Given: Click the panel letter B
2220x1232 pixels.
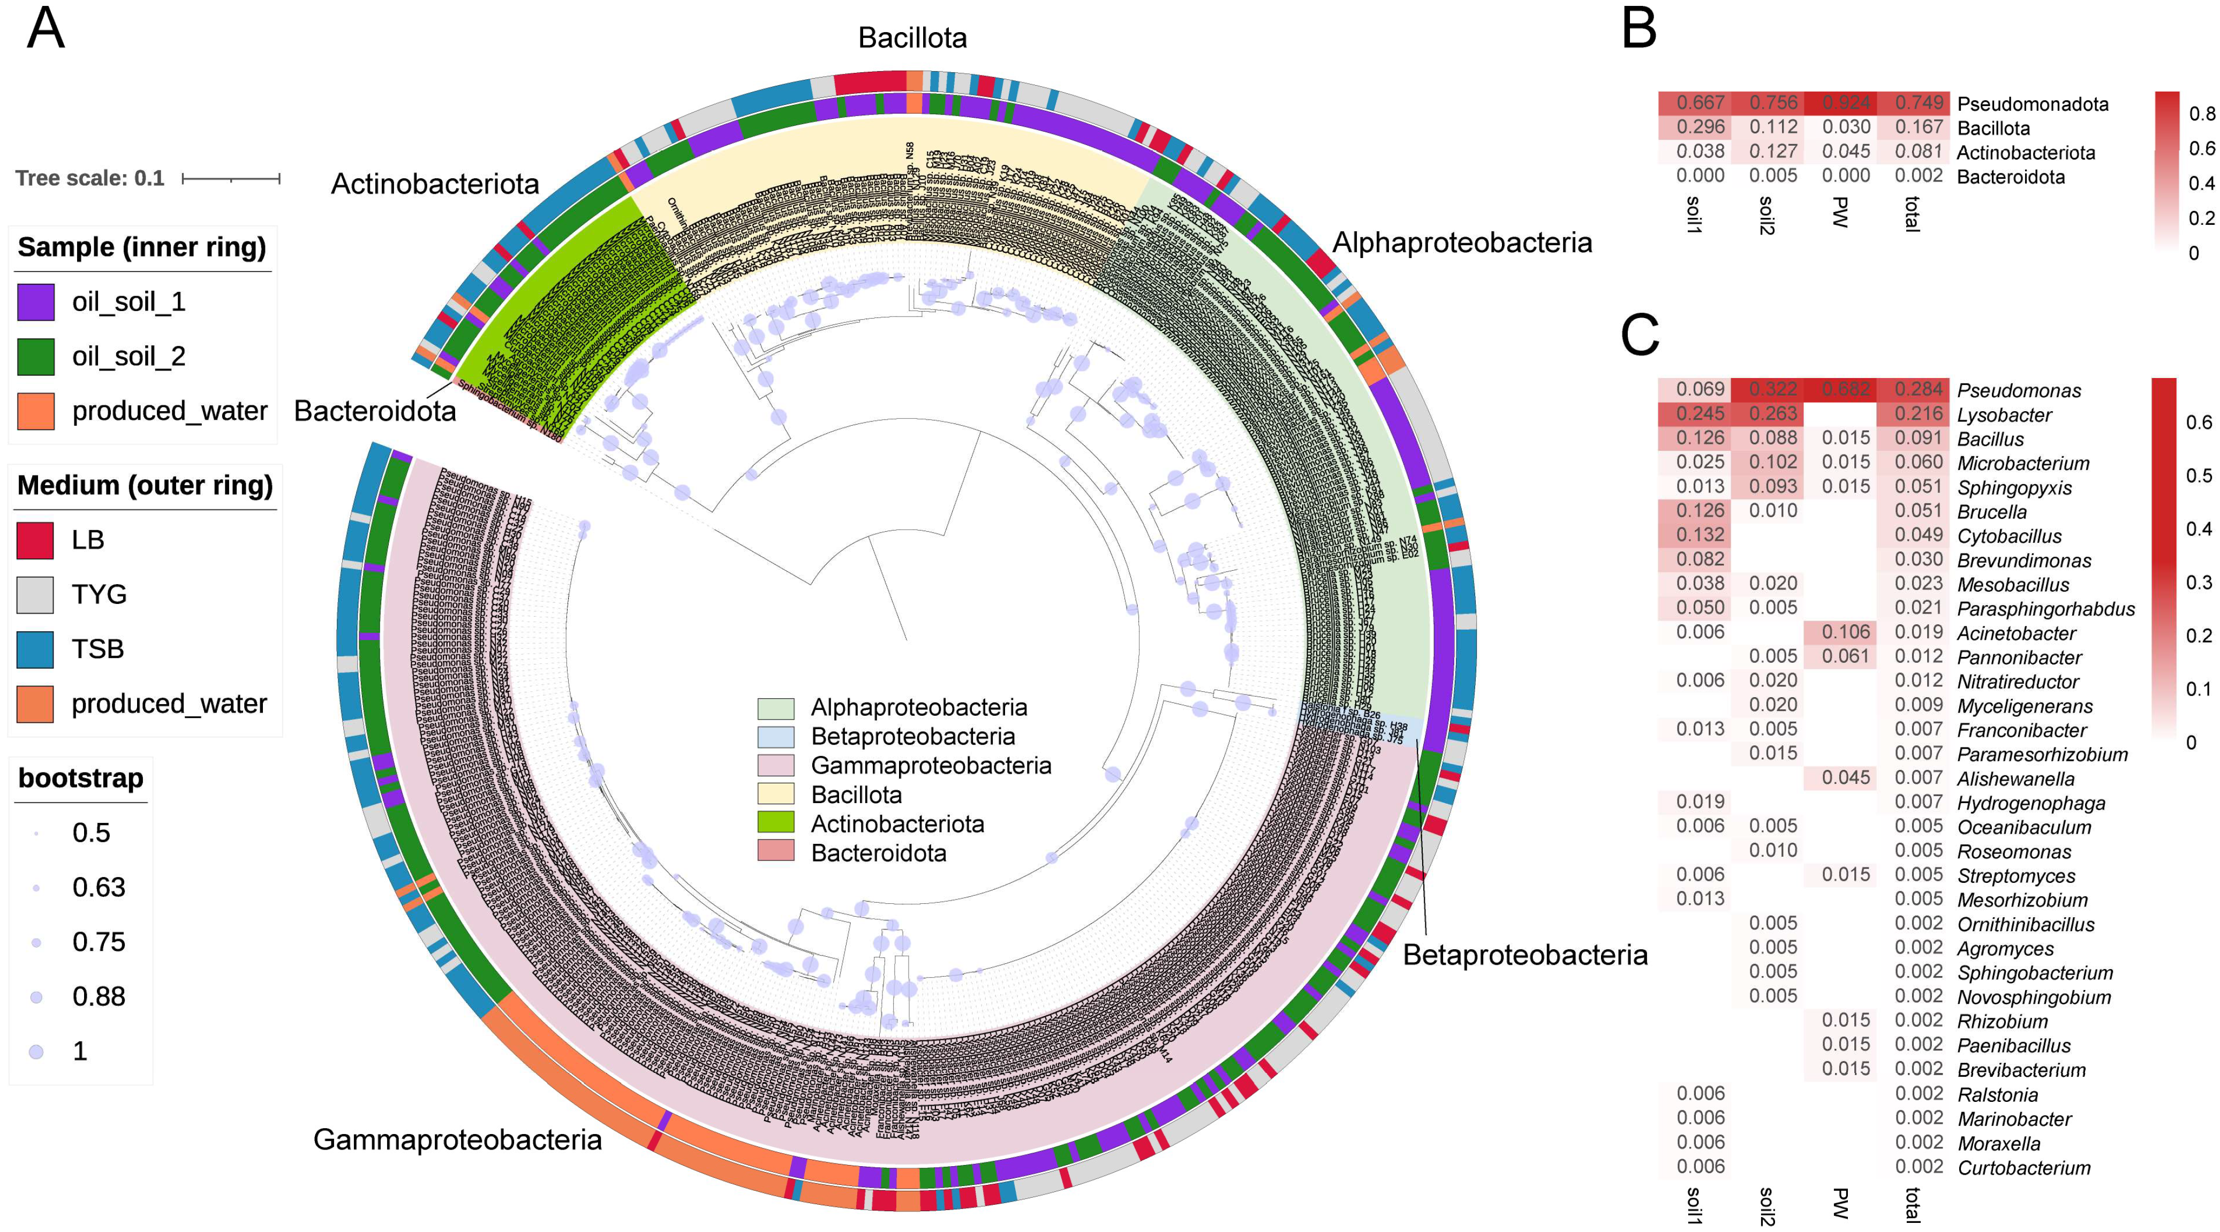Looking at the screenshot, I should (1638, 28).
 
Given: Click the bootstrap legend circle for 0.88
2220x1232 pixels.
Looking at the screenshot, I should (36, 997).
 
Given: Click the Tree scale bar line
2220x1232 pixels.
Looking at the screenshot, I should (231, 178).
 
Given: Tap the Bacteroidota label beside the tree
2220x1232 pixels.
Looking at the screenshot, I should (375, 411).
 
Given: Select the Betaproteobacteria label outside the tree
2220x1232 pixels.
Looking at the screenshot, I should (1524, 955).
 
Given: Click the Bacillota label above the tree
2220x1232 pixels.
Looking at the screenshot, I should (912, 38).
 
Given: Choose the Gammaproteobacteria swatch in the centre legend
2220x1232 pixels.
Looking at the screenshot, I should (776, 765).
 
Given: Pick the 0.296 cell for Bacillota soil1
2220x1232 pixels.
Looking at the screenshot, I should (1700, 127).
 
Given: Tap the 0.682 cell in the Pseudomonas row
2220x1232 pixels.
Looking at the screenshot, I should (1846, 389).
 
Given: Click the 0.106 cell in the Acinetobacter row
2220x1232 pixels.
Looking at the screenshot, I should (1846, 632).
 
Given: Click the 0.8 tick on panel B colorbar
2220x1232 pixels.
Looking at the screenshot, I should (2201, 114).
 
